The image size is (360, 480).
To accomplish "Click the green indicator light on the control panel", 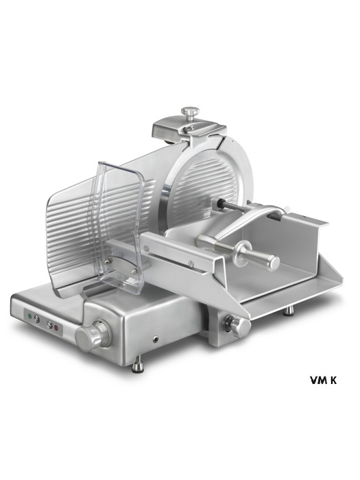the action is (x=29, y=315).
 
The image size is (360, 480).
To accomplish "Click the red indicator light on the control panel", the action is (x=56, y=328).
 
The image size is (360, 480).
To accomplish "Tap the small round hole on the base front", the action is (x=156, y=339).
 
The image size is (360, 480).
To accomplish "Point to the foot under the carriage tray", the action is (x=289, y=311).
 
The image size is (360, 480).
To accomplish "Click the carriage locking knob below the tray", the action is (x=237, y=324).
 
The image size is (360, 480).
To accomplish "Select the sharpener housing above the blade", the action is (x=187, y=128).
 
